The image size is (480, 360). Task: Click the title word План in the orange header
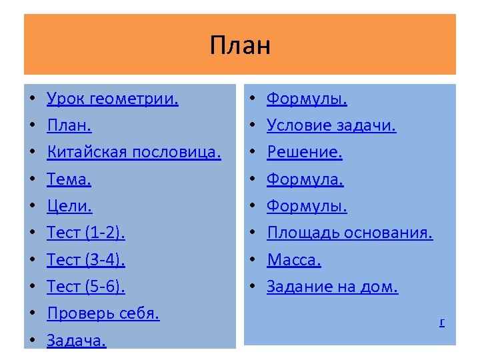(240, 46)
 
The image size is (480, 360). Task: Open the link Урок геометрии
(113, 99)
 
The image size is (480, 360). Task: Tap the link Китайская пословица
(134, 153)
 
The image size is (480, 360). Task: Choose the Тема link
(69, 179)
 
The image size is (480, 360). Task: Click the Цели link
(69, 206)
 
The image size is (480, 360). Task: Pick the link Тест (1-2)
(86, 233)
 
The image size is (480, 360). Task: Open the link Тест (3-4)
(86, 259)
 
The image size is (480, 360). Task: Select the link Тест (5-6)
(86, 286)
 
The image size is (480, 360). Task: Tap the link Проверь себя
(103, 313)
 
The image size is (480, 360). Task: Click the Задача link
(77, 340)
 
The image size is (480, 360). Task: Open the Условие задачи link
(331, 126)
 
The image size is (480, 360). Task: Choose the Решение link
(305, 153)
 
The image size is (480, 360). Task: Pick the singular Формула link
(305, 179)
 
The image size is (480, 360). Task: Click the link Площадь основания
(350, 233)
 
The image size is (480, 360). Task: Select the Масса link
(294, 260)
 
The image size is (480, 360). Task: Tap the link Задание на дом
(332, 287)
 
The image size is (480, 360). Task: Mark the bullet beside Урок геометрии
(33, 99)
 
